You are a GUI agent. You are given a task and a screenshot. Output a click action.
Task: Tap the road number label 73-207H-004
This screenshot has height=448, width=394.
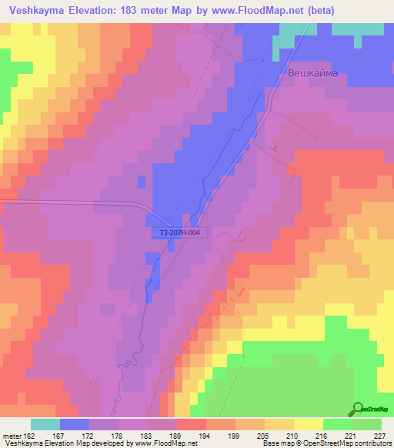click(x=176, y=231)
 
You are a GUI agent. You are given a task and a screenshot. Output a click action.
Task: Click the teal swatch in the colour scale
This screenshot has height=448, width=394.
click(x=45, y=424)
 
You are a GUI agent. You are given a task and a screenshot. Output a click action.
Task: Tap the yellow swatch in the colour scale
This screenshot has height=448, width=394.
click(x=308, y=424)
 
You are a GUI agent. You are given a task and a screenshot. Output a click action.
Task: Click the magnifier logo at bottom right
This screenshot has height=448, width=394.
click(x=358, y=409)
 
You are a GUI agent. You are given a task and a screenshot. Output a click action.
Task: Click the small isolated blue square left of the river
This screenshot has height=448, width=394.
click(x=142, y=181)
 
